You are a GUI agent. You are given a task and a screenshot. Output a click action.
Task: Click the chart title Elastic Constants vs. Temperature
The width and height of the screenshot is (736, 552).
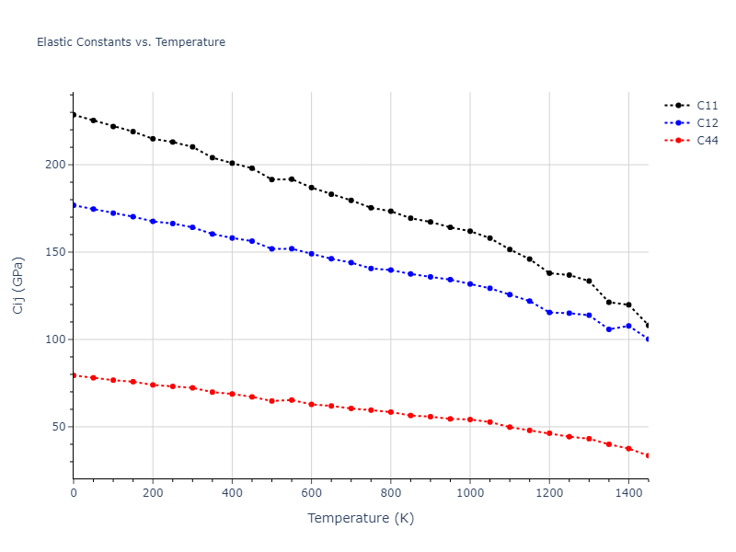(x=131, y=42)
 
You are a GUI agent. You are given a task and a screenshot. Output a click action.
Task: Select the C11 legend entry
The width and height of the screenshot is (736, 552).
(x=707, y=105)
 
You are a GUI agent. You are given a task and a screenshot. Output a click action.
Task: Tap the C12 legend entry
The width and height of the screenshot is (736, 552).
(x=707, y=122)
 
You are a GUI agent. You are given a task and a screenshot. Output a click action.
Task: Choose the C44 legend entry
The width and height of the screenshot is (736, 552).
(x=707, y=140)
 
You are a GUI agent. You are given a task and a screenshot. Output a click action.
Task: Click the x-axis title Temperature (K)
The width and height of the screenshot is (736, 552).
(x=361, y=518)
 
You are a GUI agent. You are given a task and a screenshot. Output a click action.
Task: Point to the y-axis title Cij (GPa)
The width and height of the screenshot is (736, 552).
(x=18, y=285)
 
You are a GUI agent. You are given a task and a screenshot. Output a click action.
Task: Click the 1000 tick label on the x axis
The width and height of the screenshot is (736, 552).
(x=470, y=493)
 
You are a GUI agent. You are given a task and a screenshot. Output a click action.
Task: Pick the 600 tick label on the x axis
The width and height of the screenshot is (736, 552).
(x=311, y=493)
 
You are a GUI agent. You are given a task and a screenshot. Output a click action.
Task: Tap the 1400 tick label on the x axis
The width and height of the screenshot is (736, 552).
(x=628, y=493)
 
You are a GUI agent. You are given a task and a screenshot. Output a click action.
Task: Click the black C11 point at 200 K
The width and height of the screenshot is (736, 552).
(x=153, y=139)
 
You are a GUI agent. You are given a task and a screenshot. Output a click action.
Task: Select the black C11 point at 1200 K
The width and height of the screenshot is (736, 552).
(x=549, y=273)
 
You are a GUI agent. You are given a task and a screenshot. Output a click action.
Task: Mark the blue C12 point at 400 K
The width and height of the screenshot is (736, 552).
(x=232, y=237)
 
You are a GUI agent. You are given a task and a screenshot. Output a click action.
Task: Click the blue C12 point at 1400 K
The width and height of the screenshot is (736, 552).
(x=628, y=326)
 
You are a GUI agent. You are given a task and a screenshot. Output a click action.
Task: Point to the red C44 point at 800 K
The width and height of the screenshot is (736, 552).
(x=391, y=412)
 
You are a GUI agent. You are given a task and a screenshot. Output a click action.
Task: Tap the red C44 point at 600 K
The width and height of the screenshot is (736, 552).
(x=311, y=404)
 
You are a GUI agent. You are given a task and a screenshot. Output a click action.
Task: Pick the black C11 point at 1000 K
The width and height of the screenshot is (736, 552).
(x=470, y=231)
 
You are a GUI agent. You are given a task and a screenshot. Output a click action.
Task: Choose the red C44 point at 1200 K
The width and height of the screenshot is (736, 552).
(x=549, y=432)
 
